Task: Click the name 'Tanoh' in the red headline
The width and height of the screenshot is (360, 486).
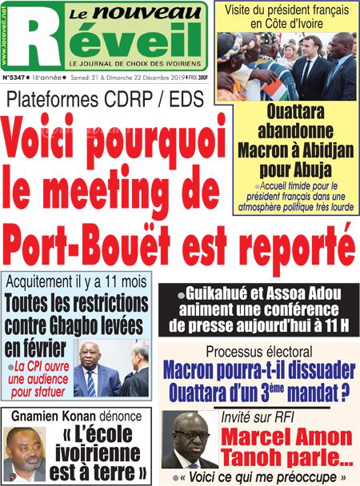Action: click(x=259, y=459)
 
